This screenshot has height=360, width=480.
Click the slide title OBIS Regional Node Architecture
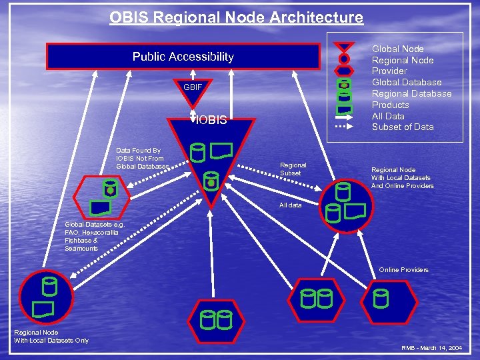[x=237, y=17]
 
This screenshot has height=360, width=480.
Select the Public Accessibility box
[x=183, y=57]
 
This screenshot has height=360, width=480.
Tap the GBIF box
[x=192, y=87]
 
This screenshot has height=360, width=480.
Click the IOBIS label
[x=212, y=121]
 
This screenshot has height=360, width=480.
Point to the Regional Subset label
[x=293, y=169]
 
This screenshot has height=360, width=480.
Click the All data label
[x=291, y=205]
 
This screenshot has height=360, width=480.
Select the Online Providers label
[x=403, y=270]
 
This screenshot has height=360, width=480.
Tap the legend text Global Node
[x=397, y=49]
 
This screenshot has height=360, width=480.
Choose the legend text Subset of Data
[x=403, y=127]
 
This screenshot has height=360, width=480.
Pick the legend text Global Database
[x=407, y=83]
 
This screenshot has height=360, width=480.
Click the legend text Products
[x=390, y=105]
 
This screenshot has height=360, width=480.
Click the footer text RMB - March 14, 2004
[x=431, y=349]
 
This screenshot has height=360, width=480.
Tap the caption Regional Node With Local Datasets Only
[x=51, y=337]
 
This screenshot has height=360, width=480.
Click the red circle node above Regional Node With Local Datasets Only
[x=45, y=297]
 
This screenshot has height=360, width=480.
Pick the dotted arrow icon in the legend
[x=344, y=126]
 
